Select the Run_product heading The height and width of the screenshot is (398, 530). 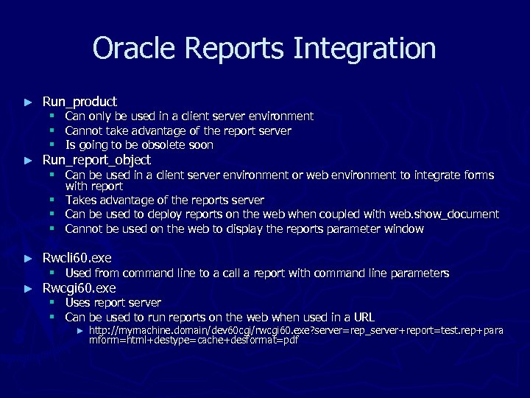(x=79, y=101)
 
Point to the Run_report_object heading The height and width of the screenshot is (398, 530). (x=96, y=160)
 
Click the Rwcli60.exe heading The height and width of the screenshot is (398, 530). (x=77, y=258)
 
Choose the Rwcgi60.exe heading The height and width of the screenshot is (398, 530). (x=79, y=287)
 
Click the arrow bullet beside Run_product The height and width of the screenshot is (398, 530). (x=28, y=102)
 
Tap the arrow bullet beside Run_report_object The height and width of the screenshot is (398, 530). (x=28, y=161)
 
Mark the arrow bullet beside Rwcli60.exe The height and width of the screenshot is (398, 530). (x=28, y=259)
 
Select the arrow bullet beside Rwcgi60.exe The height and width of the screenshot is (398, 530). (x=28, y=288)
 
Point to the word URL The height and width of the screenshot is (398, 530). (x=364, y=317)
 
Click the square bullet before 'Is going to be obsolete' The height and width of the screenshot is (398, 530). (x=53, y=145)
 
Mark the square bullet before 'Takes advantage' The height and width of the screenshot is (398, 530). (x=53, y=200)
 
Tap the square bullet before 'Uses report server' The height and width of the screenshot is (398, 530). (x=53, y=303)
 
